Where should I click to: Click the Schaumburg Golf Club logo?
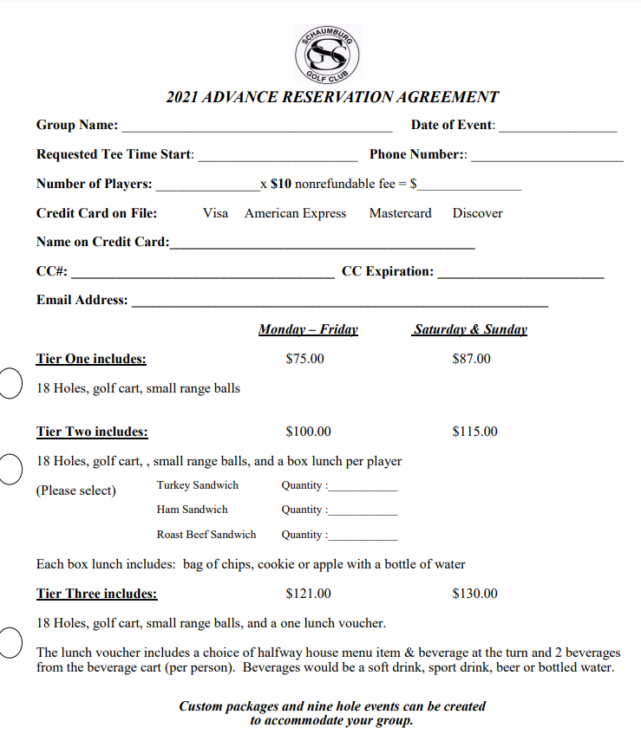[x=328, y=54]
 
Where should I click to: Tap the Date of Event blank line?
[x=558, y=128]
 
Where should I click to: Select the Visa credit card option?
[x=215, y=213]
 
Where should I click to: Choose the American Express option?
[x=295, y=213]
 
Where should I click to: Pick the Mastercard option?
[x=400, y=213]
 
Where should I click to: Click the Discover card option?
[x=477, y=213]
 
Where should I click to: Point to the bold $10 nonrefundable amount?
[x=280, y=184]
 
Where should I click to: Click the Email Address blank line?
[x=339, y=304]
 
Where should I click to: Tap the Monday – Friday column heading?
[x=308, y=329]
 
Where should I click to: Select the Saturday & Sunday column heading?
[x=470, y=329]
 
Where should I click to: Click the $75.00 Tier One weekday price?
[x=304, y=359]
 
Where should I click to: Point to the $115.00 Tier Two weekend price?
[x=474, y=432]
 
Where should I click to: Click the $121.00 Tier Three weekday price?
[x=308, y=594]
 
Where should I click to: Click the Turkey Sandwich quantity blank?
[x=363, y=489]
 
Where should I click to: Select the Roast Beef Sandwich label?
[x=206, y=535]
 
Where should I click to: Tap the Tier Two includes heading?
[x=92, y=432]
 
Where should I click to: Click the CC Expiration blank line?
[x=520, y=275]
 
